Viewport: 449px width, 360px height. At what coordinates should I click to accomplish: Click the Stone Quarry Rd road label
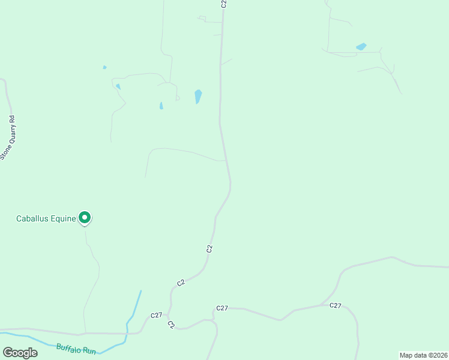(x=8, y=137)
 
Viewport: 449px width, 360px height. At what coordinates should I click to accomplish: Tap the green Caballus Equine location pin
(x=85, y=218)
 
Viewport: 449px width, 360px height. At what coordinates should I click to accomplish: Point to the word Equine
(x=64, y=218)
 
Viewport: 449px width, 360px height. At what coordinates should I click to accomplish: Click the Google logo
(x=20, y=353)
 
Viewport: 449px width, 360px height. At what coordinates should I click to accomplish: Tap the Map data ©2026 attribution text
(x=423, y=355)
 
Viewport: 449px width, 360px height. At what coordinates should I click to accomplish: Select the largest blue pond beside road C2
(x=198, y=96)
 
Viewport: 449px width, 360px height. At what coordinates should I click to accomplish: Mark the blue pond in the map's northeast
(x=361, y=46)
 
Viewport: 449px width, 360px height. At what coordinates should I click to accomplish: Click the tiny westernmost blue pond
(x=104, y=67)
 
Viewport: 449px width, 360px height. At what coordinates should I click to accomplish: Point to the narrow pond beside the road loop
(x=161, y=106)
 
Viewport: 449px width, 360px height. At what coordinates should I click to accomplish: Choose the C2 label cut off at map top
(x=223, y=4)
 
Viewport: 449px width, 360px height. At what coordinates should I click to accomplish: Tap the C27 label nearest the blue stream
(x=156, y=315)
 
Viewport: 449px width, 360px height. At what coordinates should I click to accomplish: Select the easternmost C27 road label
(x=335, y=305)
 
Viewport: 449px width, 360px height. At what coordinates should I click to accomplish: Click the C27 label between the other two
(x=222, y=308)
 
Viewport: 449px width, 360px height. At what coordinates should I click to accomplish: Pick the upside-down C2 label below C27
(x=171, y=325)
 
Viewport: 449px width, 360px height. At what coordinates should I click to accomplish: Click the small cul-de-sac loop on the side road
(x=178, y=98)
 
